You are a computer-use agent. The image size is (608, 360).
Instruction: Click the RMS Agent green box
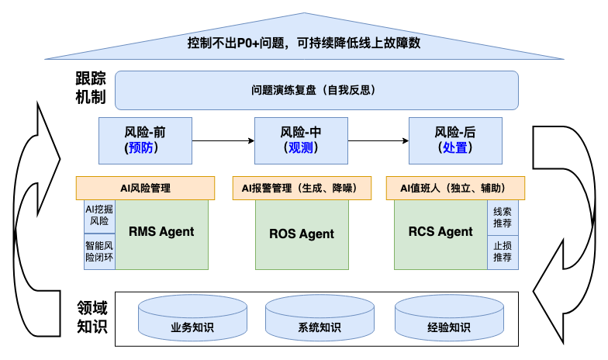[161, 233]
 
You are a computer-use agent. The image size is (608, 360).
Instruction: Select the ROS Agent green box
[301, 234]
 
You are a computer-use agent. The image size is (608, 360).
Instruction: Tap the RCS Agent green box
[440, 233]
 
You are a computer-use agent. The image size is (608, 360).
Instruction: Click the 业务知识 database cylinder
[192, 319]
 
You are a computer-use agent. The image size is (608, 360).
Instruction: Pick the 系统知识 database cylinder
[319, 319]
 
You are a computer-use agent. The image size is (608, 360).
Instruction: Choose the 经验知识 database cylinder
[447, 319]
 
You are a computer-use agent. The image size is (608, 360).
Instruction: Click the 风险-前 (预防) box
[145, 140]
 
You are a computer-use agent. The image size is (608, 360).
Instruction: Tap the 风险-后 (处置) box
[454, 140]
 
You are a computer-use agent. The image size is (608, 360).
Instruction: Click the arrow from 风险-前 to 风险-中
[223, 140]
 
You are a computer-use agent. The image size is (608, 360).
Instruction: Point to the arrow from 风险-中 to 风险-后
[378, 140]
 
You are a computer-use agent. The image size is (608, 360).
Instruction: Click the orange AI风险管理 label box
[145, 188]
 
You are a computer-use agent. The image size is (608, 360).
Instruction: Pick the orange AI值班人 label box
[454, 188]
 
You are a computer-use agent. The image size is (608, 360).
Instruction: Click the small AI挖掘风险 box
[99, 215]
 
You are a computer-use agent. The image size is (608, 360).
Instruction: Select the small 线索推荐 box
[503, 216]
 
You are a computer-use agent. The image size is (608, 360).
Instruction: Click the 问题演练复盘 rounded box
[316, 90]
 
